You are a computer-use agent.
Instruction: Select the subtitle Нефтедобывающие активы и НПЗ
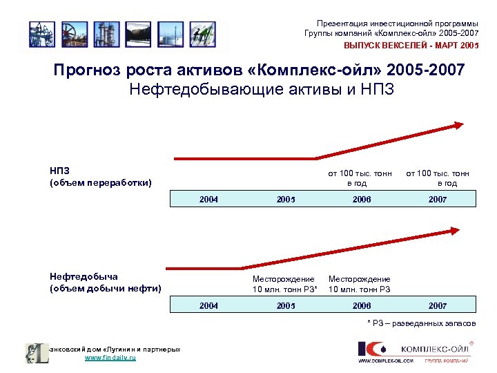click(262, 90)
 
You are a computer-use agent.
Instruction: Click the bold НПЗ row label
click(59, 170)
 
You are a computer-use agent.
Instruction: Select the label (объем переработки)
click(99, 183)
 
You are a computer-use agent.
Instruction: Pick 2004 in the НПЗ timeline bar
click(209, 199)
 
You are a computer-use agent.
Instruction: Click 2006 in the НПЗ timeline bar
click(361, 199)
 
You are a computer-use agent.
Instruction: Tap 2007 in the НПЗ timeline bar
click(437, 199)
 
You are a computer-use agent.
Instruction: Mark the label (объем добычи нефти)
click(105, 288)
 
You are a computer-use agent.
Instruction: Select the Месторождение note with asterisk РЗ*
click(284, 284)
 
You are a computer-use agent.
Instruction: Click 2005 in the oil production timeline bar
click(285, 305)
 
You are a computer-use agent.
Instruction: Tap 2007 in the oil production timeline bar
click(437, 305)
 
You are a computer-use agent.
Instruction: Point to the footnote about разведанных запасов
click(421, 323)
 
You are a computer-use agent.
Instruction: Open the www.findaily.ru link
click(110, 358)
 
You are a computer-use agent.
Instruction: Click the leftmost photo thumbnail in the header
click(41, 33)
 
